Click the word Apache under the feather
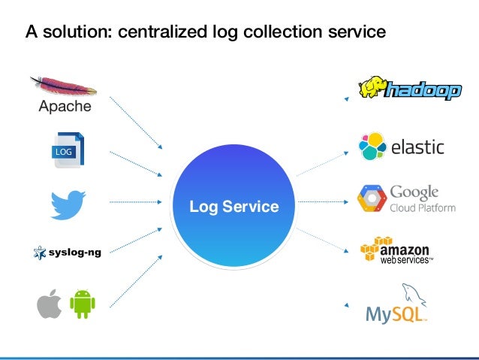click(65, 106)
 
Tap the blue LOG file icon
click(67, 150)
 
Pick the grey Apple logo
click(50, 304)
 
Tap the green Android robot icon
click(83, 304)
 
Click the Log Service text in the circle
click(233, 206)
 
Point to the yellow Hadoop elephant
click(372, 88)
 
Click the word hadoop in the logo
click(423, 91)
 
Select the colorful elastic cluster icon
click(373, 147)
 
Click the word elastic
click(418, 147)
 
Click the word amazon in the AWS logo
click(405, 249)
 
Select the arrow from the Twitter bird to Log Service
click(135, 202)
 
